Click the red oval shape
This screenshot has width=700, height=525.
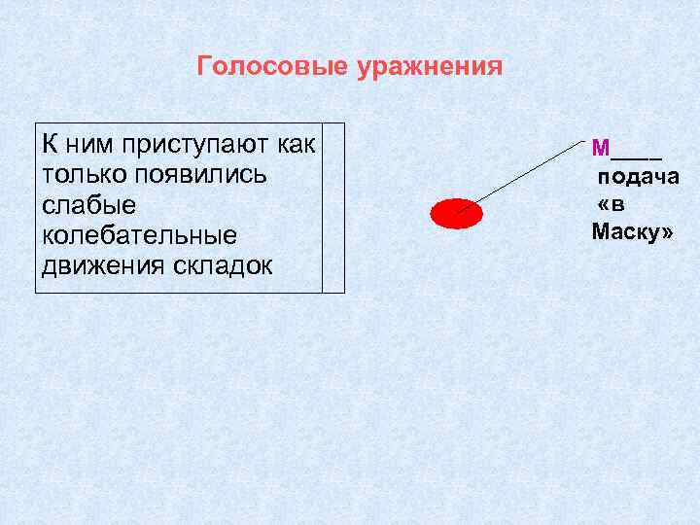(x=456, y=213)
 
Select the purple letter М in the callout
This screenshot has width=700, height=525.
(x=600, y=148)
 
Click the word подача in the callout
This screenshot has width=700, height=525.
(x=638, y=177)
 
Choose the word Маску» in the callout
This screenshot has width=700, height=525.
(x=632, y=233)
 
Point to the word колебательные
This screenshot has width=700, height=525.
(x=139, y=236)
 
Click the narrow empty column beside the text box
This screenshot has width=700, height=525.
(x=333, y=208)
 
